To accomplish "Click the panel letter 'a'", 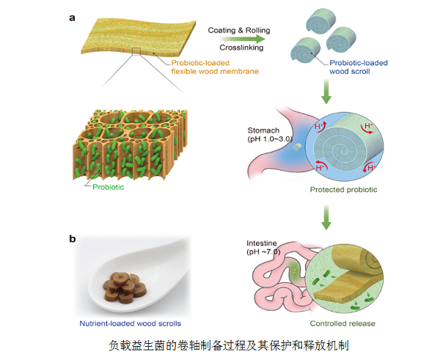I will click(73, 17).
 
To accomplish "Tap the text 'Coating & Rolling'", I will click(238, 31).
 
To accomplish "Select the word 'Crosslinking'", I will click(238, 44).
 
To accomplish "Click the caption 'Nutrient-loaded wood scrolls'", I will click(131, 323).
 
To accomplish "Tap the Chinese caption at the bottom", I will click(219, 344).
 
